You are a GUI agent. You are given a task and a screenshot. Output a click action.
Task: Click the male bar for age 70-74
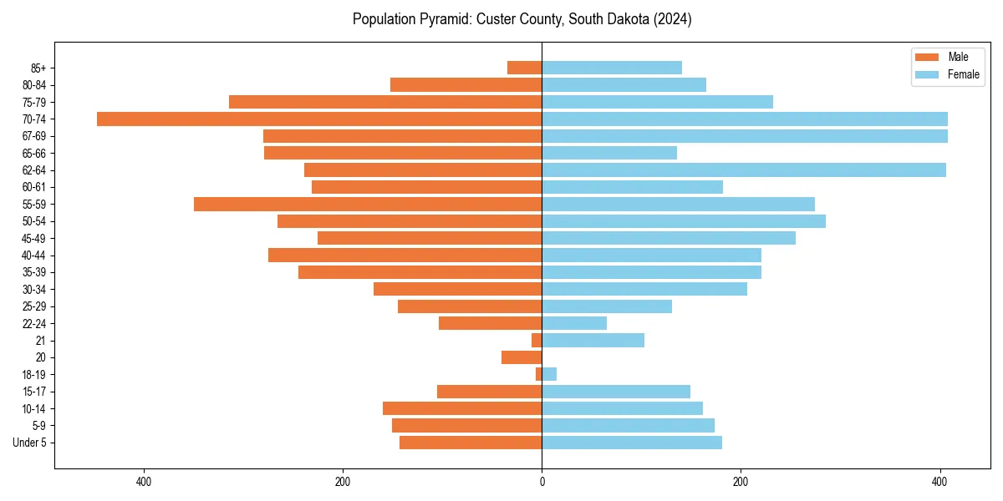319,119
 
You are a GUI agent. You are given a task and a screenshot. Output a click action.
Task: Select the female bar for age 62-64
744,170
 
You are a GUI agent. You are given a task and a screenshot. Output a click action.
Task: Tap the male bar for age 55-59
368,204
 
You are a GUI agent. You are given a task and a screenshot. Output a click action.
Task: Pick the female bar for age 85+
612,68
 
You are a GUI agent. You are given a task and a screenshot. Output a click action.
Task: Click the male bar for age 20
522,357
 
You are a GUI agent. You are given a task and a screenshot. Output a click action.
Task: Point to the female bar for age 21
593,340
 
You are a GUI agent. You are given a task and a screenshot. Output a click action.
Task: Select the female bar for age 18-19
549,374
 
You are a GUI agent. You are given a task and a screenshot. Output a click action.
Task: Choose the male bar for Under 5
471,443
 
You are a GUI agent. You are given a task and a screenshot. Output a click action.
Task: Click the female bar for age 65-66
609,153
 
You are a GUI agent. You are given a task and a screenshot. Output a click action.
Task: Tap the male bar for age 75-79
385,102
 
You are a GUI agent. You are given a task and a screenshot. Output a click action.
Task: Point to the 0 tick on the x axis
542,482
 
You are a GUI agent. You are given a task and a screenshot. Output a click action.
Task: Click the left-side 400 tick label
143,482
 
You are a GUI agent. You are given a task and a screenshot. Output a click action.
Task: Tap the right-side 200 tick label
741,482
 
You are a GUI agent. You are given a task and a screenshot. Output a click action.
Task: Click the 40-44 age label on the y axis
34,256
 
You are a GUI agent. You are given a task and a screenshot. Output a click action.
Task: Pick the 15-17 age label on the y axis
34,392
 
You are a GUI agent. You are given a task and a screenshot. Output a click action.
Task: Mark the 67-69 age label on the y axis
34,136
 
